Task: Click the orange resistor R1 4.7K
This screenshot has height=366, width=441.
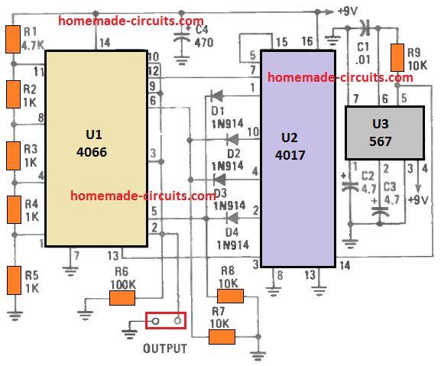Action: point(13,39)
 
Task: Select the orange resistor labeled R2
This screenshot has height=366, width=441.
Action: point(13,94)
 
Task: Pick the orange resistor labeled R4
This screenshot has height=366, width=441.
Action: point(13,209)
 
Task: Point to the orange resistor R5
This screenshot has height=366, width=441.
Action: point(13,279)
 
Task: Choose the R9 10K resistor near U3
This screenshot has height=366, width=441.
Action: point(397,57)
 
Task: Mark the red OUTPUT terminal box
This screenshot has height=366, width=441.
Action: point(166,322)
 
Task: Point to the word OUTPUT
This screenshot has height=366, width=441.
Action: point(164,348)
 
